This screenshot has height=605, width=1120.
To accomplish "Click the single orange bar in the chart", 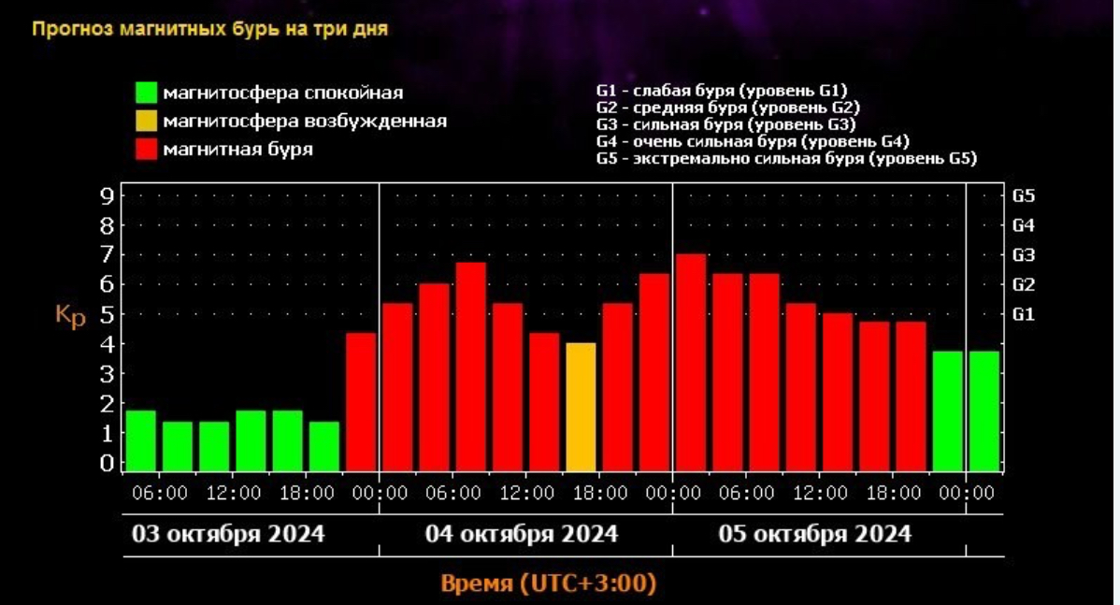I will coord(581,407).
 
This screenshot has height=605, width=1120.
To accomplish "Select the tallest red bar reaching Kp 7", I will coord(691,363).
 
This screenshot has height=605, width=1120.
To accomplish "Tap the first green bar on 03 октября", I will coord(141,440).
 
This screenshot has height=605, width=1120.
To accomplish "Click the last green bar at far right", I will coord(984,411).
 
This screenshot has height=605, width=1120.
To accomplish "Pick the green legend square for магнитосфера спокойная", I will coord(146,93).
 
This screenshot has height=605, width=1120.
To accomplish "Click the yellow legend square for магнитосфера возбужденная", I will coord(146,121).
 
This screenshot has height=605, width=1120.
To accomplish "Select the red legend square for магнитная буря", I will coord(146,149).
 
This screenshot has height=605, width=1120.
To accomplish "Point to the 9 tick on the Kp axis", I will coord(107,195).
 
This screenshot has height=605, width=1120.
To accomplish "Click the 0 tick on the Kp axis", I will coord(107,463).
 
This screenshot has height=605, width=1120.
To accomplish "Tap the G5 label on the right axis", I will coord(1024,195).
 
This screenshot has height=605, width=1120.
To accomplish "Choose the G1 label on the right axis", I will coord(1024,314).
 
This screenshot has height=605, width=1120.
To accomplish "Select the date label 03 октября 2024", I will coord(228,534).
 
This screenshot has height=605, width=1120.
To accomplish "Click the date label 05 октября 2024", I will coord(814,534).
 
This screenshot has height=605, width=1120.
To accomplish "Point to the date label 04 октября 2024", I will coord(522,534).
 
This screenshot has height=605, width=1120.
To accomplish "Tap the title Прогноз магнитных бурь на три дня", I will coord(210,28).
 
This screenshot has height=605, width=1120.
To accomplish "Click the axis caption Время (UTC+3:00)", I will coord(548,584).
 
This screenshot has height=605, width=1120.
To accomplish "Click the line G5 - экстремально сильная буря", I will coord(785,159).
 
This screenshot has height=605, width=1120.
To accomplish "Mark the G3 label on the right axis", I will coord(1024,254).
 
